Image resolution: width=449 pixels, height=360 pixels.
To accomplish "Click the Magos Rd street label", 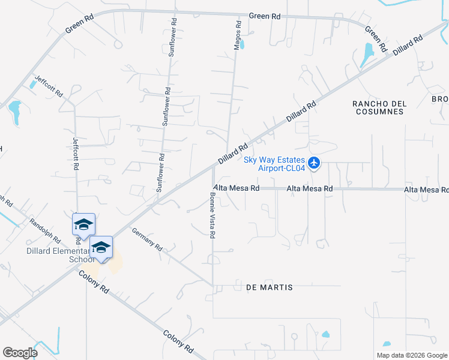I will coord(238,35).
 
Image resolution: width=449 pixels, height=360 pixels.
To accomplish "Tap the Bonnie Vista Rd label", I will coord(212,215).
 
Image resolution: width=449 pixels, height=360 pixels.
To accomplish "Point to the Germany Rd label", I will coord(147,239).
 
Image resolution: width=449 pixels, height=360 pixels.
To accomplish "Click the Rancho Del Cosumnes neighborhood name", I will coord(379,107).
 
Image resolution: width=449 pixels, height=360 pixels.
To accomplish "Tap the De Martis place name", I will coord(270,287).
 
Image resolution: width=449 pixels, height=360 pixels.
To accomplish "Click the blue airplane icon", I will coord(313,163).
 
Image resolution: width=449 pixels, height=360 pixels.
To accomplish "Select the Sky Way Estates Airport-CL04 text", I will coord(274,164).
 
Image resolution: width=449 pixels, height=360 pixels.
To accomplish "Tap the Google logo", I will coord(20,352).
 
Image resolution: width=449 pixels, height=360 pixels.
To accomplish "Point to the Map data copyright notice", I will coord(412,355).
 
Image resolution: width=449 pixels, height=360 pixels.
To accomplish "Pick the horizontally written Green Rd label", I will coord(264,16).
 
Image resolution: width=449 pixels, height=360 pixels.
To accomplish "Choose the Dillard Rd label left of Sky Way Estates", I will coord(234,154).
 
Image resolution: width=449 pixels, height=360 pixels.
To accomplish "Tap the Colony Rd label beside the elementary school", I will coord(94,281).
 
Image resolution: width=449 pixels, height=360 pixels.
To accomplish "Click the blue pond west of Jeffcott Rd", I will coord(14,112).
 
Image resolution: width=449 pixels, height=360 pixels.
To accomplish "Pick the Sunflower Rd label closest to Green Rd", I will coord(172,39).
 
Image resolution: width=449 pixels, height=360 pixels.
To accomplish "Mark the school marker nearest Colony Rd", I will coord(101,247).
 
